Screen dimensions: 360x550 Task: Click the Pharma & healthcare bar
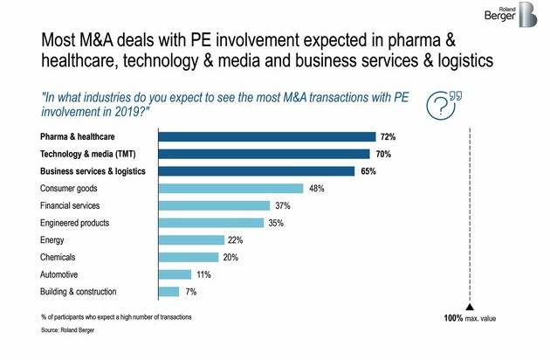pyautogui.click(x=265, y=136)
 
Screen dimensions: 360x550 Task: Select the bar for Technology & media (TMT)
pyautogui.click(x=263, y=154)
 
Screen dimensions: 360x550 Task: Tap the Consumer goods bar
pyautogui.click(x=230, y=188)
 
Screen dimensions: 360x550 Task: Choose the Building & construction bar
pyautogui.click(x=168, y=291)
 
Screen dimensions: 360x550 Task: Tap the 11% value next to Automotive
pyautogui.click(x=203, y=274)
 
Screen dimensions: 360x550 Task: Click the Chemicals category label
pyautogui.click(x=58, y=257)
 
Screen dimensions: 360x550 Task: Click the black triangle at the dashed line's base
pyautogui.click(x=470, y=307)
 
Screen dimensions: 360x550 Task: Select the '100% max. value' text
pyautogui.click(x=470, y=320)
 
